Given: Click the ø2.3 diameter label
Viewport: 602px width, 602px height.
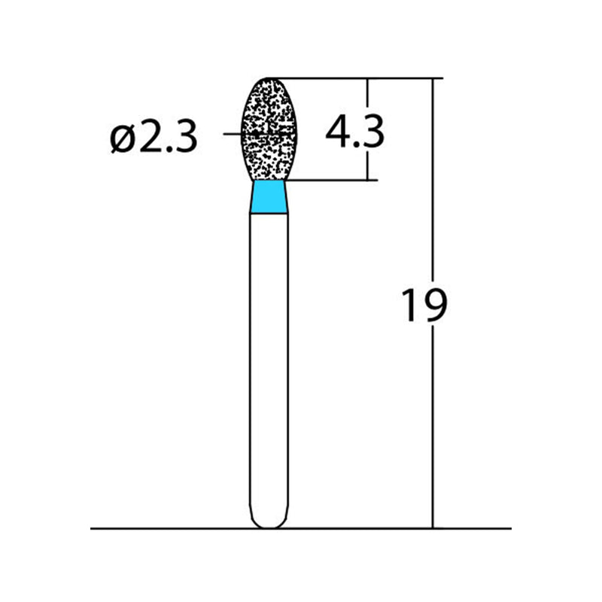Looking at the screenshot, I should point(154,138).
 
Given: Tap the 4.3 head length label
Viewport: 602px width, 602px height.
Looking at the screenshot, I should point(354,132).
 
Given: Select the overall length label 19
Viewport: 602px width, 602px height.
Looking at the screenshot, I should point(424,305).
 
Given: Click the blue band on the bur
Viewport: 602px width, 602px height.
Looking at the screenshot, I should point(269,197).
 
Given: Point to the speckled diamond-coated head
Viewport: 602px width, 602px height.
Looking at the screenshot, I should point(269,128).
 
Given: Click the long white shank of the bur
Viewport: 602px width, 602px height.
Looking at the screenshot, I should point(269,361).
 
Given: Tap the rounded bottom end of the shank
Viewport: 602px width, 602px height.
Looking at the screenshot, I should point(269,522).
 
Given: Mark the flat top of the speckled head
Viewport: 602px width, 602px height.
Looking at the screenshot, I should point(269,78).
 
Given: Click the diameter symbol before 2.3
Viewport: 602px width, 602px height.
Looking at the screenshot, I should point(121,138).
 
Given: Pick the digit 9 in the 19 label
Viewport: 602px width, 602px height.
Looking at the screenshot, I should point(434,305).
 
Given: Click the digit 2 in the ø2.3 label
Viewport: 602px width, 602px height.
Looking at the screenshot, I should point(147,138).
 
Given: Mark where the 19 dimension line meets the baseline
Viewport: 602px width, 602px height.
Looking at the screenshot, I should point(433,528).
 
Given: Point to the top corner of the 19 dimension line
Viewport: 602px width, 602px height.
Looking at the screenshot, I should point(433,78).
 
